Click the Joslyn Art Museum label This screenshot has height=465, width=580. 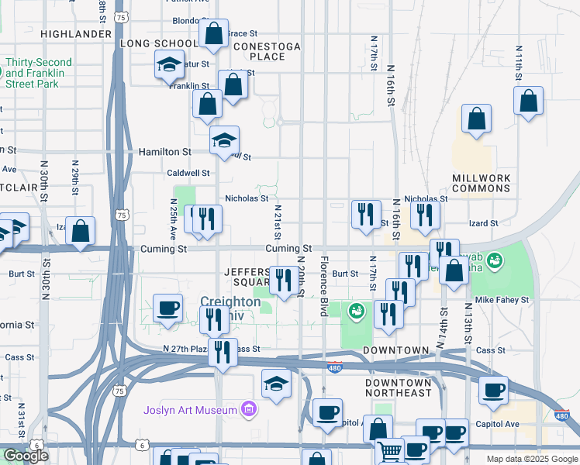tap(191, 410)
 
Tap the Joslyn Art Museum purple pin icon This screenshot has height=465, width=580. tap(249, 408)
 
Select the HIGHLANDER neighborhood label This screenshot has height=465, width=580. tap(76, 34)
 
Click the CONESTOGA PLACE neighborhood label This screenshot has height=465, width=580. tap(266, 51)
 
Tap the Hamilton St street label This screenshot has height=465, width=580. tap(165, 153)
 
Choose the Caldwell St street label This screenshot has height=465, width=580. tap(188, 174)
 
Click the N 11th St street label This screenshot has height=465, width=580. tap(518, 64)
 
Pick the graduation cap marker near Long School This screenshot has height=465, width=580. tap(169, 67)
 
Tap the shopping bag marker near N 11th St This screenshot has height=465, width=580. tap(528, 102)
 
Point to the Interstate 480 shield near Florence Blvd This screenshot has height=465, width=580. tap(334, 368)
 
